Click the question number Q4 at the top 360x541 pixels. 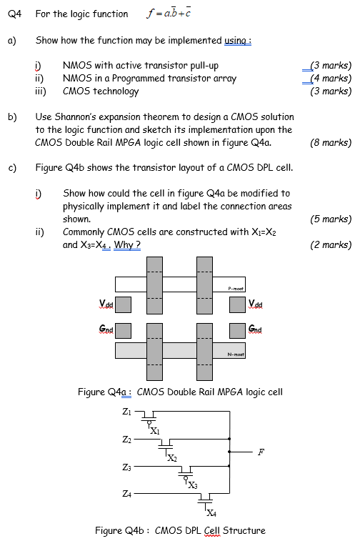point(14,14)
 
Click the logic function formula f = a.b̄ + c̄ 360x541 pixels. point(169,13)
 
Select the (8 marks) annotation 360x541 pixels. point(331,142)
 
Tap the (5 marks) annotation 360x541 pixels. point(331,219)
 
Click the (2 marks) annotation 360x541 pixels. point(331,244)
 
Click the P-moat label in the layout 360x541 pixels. point(236,289)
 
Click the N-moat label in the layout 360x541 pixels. point(236,354)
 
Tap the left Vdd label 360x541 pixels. point(106,304)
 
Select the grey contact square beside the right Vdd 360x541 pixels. point(238,304)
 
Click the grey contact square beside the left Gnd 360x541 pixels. point(123,331)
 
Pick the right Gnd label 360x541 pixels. point(255,329)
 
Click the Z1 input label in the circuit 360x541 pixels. point(126,411)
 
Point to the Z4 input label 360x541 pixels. point(126,494)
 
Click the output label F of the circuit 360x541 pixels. point(261,452)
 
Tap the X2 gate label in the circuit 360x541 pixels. point(172,458)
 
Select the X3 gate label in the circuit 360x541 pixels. point(193,485)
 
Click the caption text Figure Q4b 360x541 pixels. point(119,530)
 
